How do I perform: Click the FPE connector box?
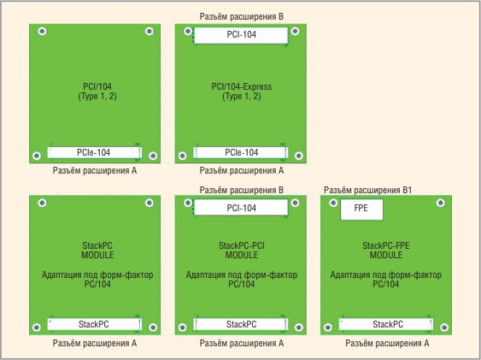point(361,210)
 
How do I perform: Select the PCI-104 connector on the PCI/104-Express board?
point(241,35)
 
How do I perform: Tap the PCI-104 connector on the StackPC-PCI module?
point(241,208)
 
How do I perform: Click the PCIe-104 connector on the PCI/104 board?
point(94,152)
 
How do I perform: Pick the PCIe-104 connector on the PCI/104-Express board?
point(241,152)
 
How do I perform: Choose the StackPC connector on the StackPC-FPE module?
point(386,324)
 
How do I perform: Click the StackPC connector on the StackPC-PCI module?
point(241,324)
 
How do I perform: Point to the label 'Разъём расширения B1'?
point(367,191)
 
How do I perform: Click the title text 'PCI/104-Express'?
point(242,86)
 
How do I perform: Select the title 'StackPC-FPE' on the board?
point(386,245)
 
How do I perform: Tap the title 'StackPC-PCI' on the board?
point(242,245)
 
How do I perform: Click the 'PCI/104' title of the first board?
point(97,86)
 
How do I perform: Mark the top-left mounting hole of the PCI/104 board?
point(42,31)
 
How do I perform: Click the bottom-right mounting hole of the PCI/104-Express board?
point(299,156)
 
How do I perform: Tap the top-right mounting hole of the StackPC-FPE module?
point(441,203)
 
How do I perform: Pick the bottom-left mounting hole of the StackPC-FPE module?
point(327,328)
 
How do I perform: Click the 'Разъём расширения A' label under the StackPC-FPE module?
point(387,343)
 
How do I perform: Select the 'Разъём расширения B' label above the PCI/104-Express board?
point(242,16)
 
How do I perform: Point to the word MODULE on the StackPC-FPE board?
point(386,255)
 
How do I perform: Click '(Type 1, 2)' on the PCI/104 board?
point(97,97)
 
